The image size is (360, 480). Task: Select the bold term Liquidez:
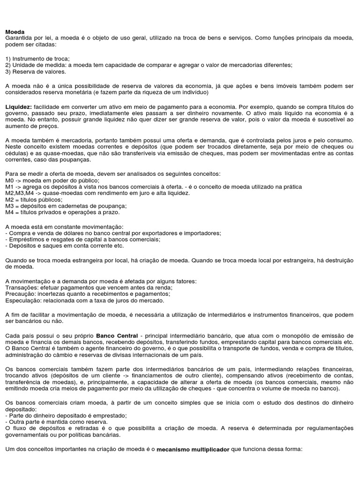coord(18,107)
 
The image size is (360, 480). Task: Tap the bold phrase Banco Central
coord(117,336)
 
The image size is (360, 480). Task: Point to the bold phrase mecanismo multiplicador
coord(193,449)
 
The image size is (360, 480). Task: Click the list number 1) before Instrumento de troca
coord(8,59)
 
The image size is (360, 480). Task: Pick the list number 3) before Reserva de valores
coord(8,72)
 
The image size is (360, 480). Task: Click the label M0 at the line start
coord(9,180)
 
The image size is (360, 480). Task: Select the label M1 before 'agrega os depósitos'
coord(9,187)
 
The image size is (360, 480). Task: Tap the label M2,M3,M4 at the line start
coord(19,193)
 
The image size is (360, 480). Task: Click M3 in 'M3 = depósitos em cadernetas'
coord(9,206)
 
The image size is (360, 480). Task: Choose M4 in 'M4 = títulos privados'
coord(9,212)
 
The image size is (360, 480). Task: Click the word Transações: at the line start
coord(22,287)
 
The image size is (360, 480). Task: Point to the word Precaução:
coord(21,294)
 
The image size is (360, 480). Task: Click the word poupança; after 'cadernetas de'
coord(112,206)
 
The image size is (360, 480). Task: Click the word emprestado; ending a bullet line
coord(110,416)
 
